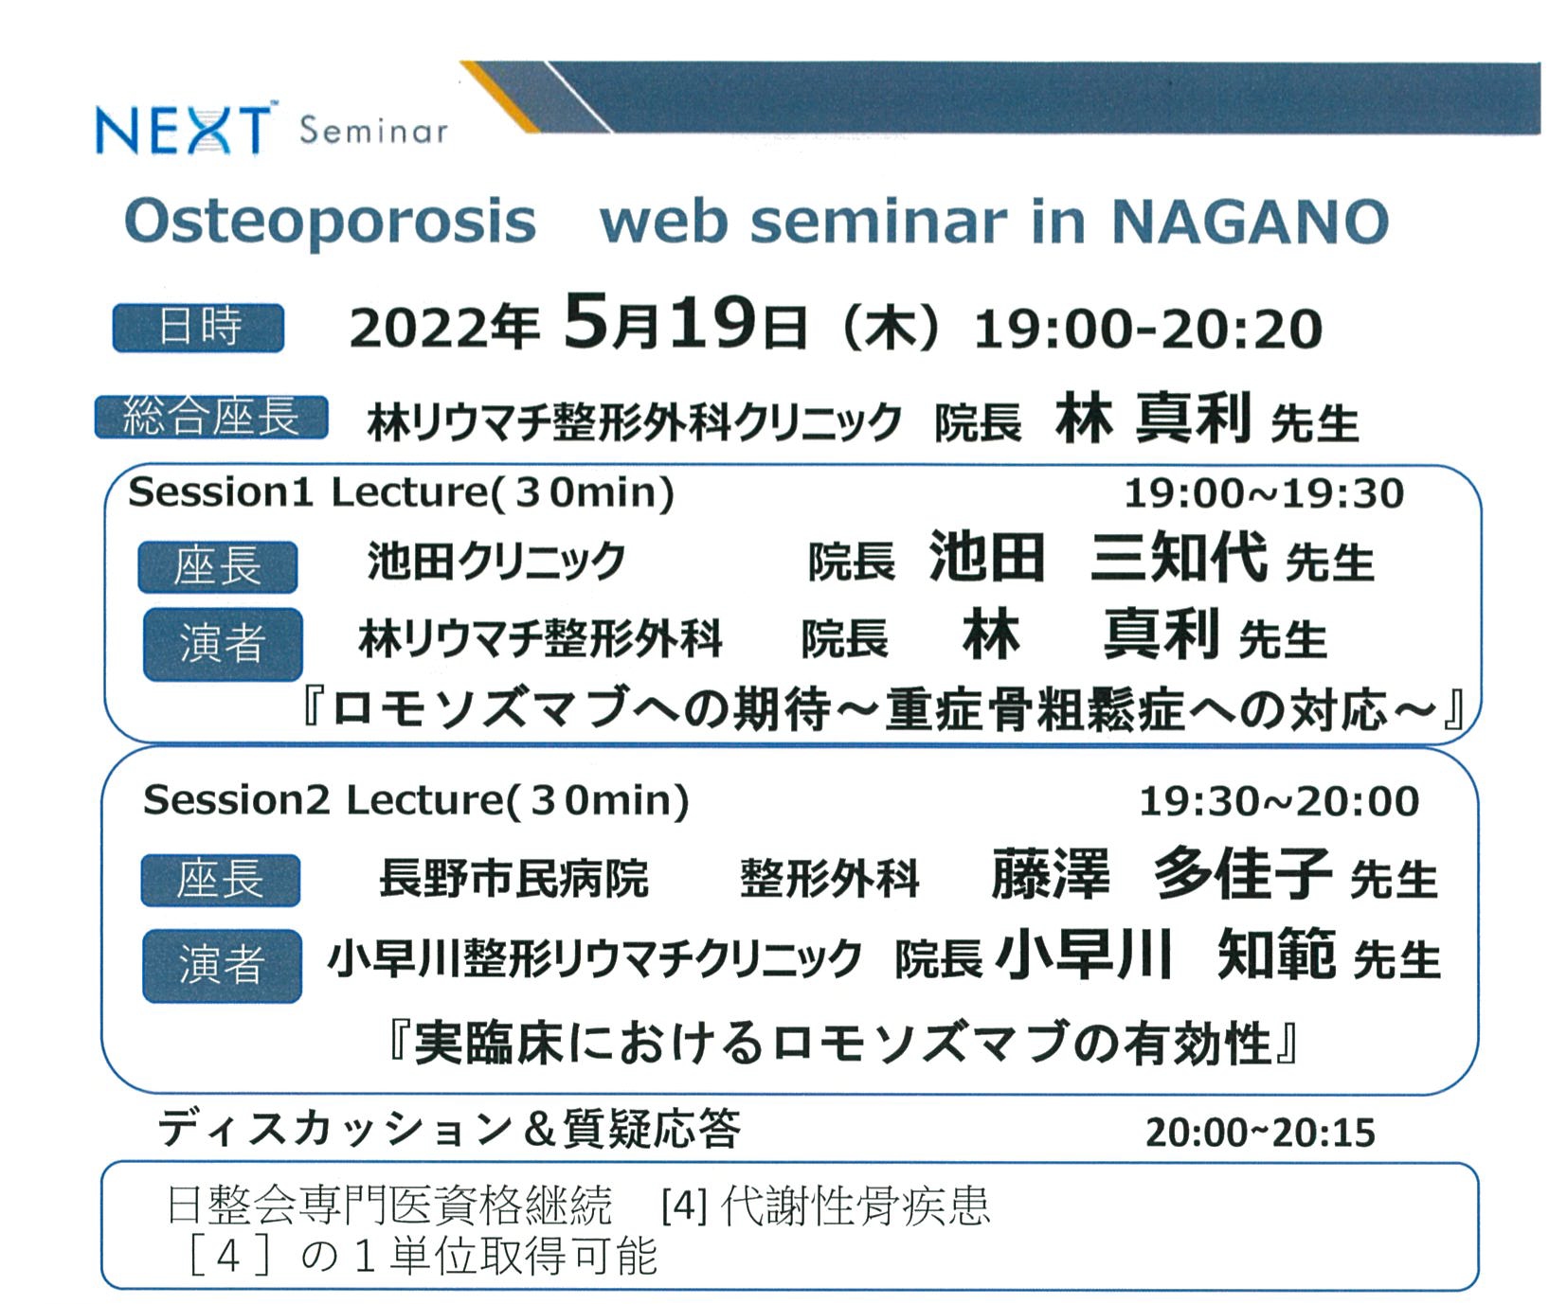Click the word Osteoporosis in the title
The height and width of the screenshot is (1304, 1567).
pos(330,221)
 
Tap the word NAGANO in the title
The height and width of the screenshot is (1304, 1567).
pos(1250,221)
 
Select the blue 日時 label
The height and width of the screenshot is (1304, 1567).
pos(198,328)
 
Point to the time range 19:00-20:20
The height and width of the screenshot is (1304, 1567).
pos(1147,329)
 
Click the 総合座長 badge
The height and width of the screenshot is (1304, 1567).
pos(211,417)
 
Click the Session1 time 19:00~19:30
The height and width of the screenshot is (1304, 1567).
pos(1263,493)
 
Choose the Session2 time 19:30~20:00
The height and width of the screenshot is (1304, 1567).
pos(1278,801)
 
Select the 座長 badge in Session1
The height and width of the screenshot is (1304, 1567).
pos(218,566)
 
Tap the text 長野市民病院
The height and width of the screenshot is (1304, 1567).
pos(513,878)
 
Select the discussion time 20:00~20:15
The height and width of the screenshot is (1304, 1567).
pos(1260,1133)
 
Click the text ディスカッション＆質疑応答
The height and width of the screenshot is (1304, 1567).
pos(449,1129)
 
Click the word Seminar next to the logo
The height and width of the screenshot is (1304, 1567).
pos(373,130)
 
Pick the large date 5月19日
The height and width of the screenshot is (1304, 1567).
pos(684,323)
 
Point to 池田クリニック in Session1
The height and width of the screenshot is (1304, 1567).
pos(496,561)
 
